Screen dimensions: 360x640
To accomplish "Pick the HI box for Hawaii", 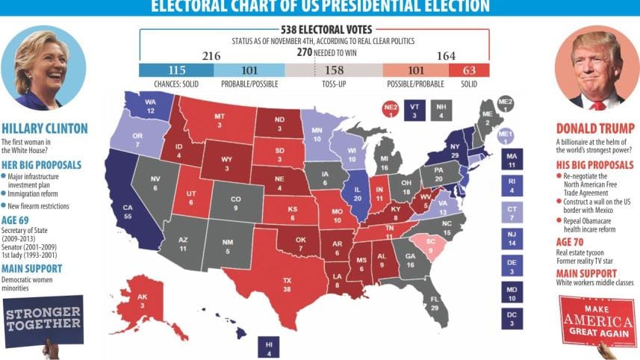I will coord(268,347).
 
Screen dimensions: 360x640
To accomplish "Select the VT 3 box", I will coord(414,111).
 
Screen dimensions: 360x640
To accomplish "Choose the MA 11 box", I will coord(512,158).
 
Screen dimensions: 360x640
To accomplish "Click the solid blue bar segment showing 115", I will coord(176,69).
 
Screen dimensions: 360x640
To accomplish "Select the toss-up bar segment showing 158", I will coord(335,69).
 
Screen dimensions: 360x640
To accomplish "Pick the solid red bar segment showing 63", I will coord(469,69).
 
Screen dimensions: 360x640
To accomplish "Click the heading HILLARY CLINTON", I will coord(44,128).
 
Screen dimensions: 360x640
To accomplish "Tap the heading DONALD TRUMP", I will coord(595,128).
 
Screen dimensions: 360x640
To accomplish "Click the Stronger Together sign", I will coord(43,317).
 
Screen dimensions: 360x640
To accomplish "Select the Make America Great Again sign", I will coord(597,320).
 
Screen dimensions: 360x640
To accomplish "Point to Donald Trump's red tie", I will coord(597,105).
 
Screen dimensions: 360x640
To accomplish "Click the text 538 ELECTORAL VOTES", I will coord(314,31).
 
